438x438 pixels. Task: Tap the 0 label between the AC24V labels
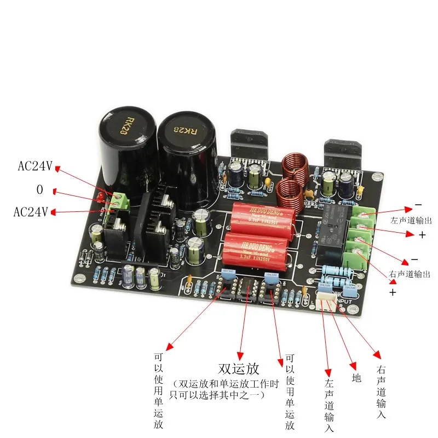click(39, 189)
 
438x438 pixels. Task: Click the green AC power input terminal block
click(120, 201)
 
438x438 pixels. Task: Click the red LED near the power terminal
click(101, 197)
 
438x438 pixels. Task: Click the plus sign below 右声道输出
click(392, 292)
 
